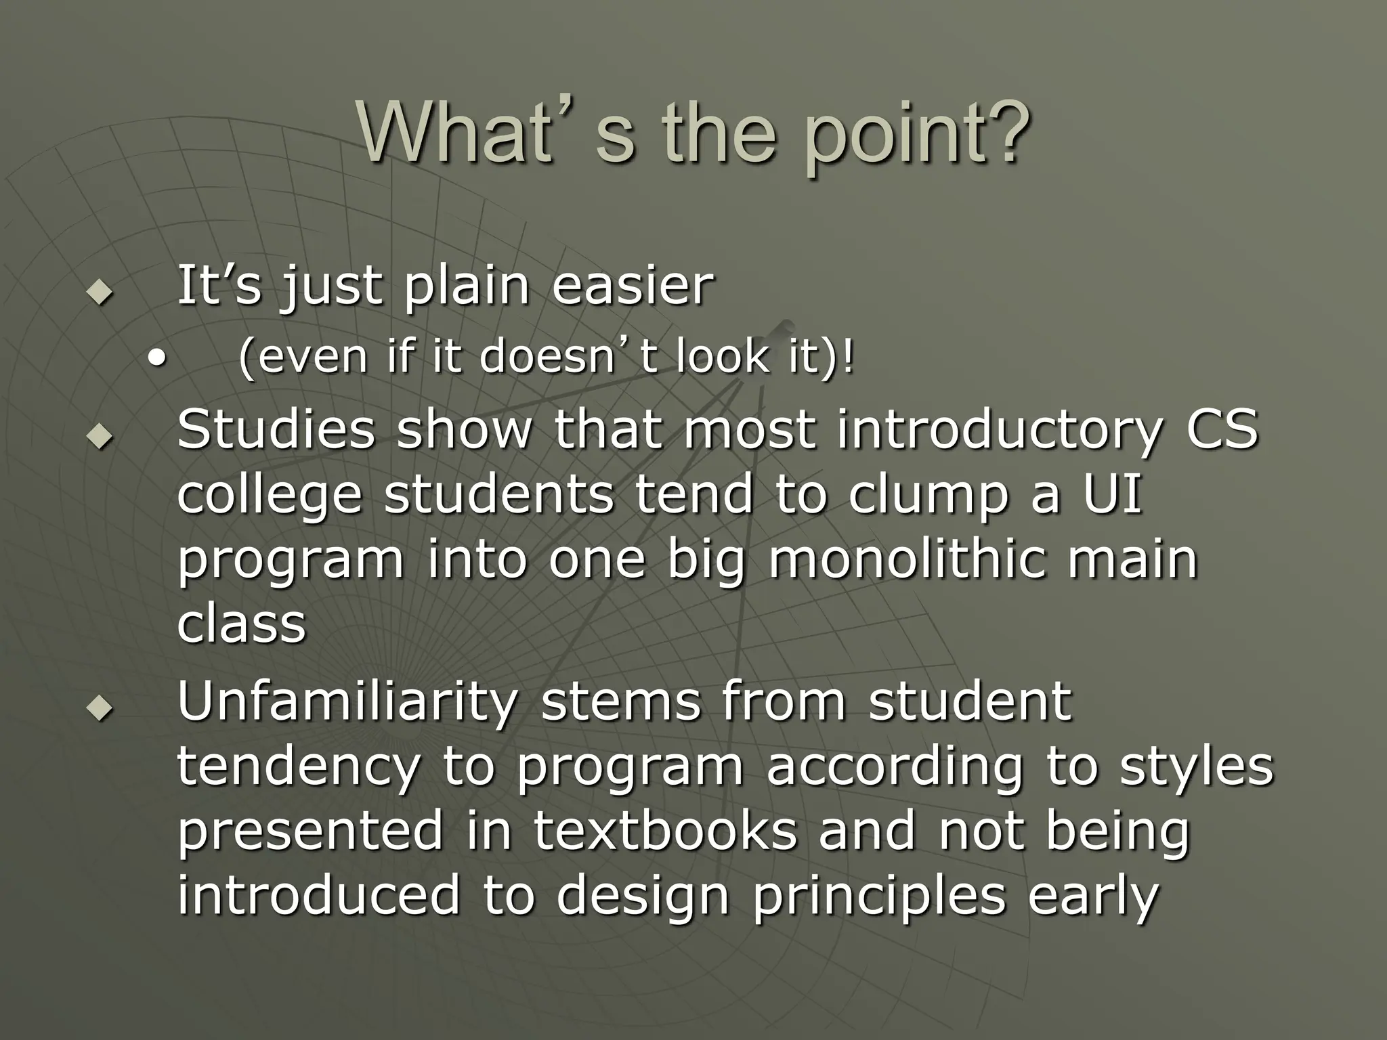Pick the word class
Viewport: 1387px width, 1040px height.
[241, 624]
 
